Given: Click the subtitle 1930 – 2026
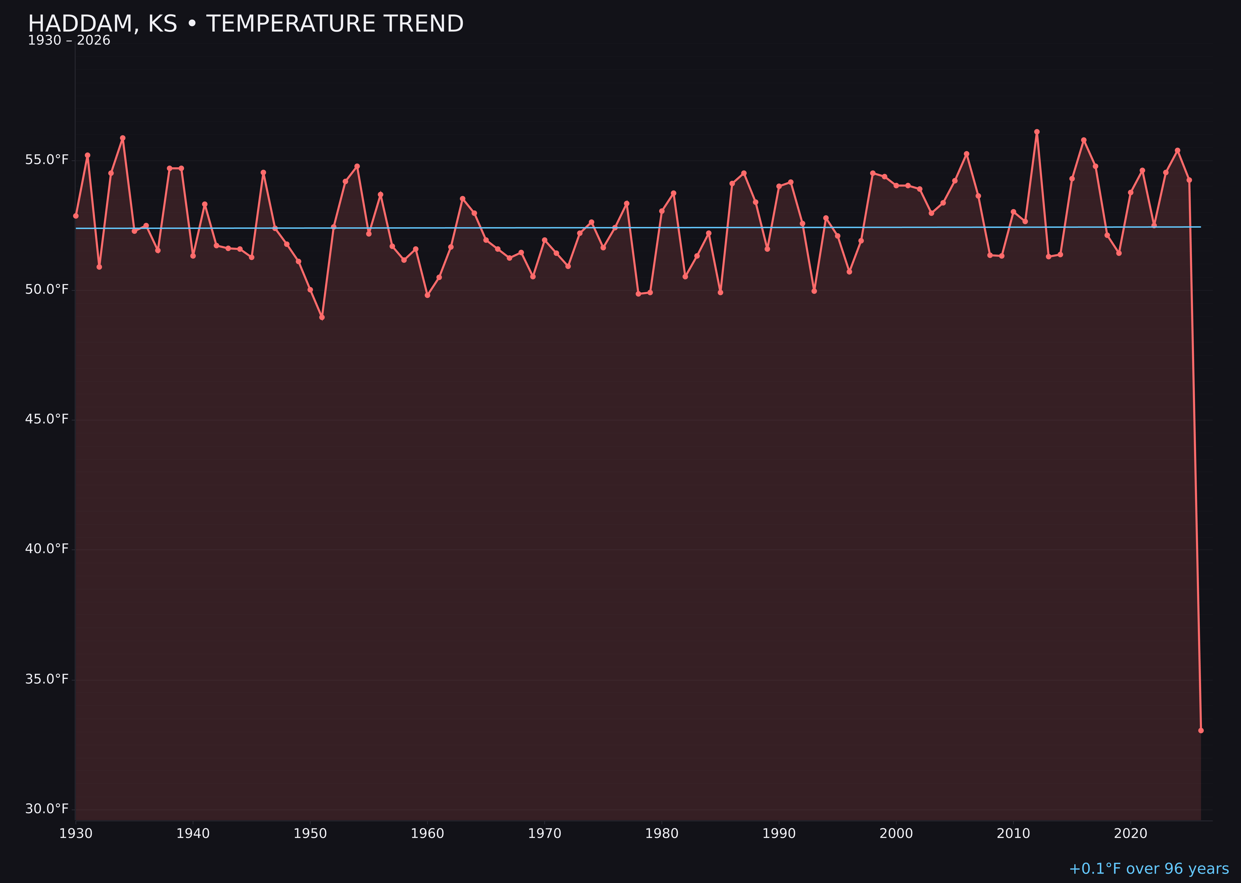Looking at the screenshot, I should (69, 41).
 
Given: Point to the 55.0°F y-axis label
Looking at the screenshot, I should (47, 160).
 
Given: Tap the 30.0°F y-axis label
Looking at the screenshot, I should (47, 809).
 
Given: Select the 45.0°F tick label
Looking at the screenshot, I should (47, 419).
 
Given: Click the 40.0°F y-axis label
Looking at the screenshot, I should (47, 549).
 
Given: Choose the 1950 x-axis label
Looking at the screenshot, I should (310, 834).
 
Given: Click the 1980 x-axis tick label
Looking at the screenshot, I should (662, 834).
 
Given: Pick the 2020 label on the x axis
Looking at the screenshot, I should (1131, 834).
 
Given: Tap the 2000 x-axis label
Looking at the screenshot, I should (896, 834).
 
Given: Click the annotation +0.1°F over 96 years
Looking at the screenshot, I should (1149, 869).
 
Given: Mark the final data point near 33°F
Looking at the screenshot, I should (1201, 731).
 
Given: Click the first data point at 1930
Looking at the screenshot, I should (75, 216).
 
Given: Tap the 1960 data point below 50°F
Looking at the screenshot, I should (428, 295).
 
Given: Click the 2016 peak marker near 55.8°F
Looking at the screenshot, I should (1083, 140).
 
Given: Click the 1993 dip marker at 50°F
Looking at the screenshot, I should (814, 291).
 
